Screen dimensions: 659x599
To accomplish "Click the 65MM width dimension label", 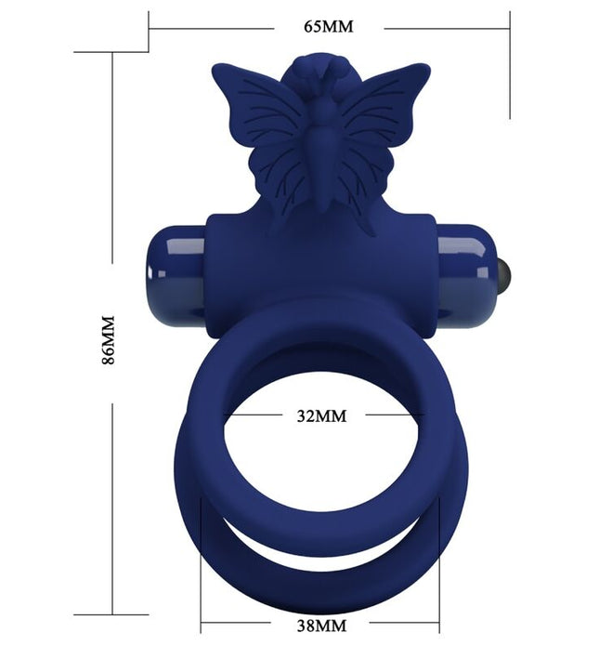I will pos(329,26).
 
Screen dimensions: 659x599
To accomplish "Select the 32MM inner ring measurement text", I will pos(321,415).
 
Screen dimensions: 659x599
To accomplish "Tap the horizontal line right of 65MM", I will pos(446,27).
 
